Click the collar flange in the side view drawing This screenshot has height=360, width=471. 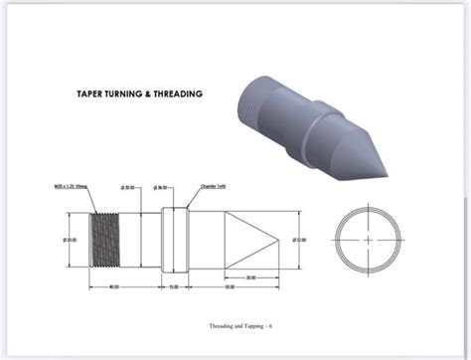174,240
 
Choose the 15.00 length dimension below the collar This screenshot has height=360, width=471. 174,286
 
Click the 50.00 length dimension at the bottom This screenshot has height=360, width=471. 230,286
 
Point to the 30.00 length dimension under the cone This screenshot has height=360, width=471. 249,276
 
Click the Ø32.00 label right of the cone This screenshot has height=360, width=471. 299,240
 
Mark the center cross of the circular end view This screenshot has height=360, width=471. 369,240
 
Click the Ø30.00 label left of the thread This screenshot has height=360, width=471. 72,240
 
